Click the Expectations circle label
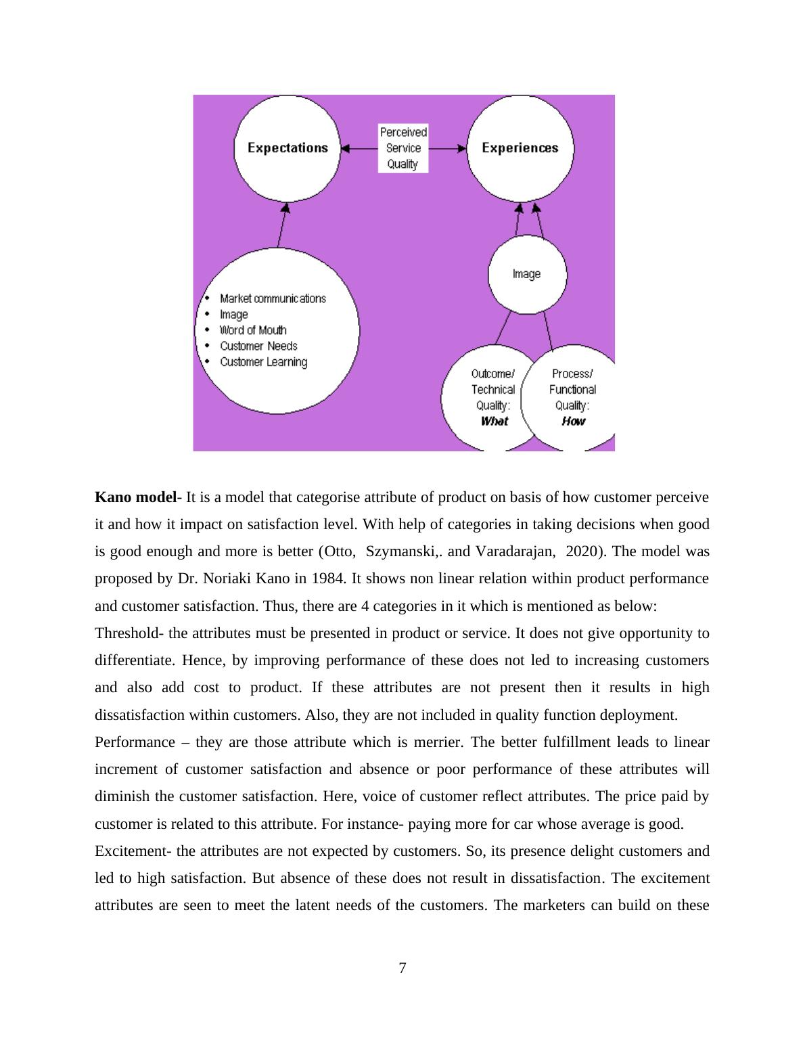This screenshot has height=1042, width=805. (x=287, y=148)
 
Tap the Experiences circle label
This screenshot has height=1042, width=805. (x=520, y=148)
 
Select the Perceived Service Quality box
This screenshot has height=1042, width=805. (x=403, y=148)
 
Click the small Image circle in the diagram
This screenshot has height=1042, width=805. (x=527, y=274)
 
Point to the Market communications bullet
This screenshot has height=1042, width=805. (x=273, y=298)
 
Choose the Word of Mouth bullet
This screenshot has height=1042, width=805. (x=253, y=330)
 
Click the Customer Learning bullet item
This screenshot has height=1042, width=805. (x=263, y=362)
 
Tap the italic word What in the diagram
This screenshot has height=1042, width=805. (x=494, y=422)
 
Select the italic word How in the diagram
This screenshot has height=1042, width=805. (x=573, y=422)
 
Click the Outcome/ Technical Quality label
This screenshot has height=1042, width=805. (x=493, y=390)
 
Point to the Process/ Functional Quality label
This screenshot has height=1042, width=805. (x=572, y=390)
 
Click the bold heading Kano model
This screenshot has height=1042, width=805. (x=135, y=497)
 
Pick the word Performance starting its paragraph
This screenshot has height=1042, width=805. (x=135, y=742)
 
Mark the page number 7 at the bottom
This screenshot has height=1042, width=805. (x=402, y=968)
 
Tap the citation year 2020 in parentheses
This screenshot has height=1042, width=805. (x=582, y=551)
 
